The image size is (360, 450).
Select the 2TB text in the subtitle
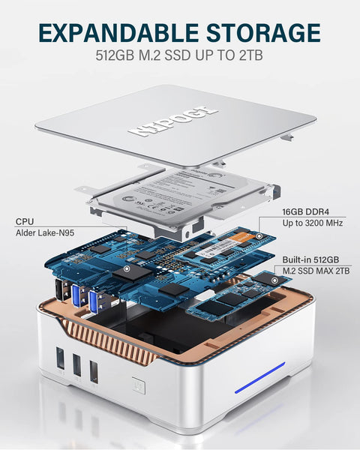253,56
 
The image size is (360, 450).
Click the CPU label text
24,222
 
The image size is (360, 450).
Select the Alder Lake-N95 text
46,234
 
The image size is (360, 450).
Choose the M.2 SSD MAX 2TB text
313,270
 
